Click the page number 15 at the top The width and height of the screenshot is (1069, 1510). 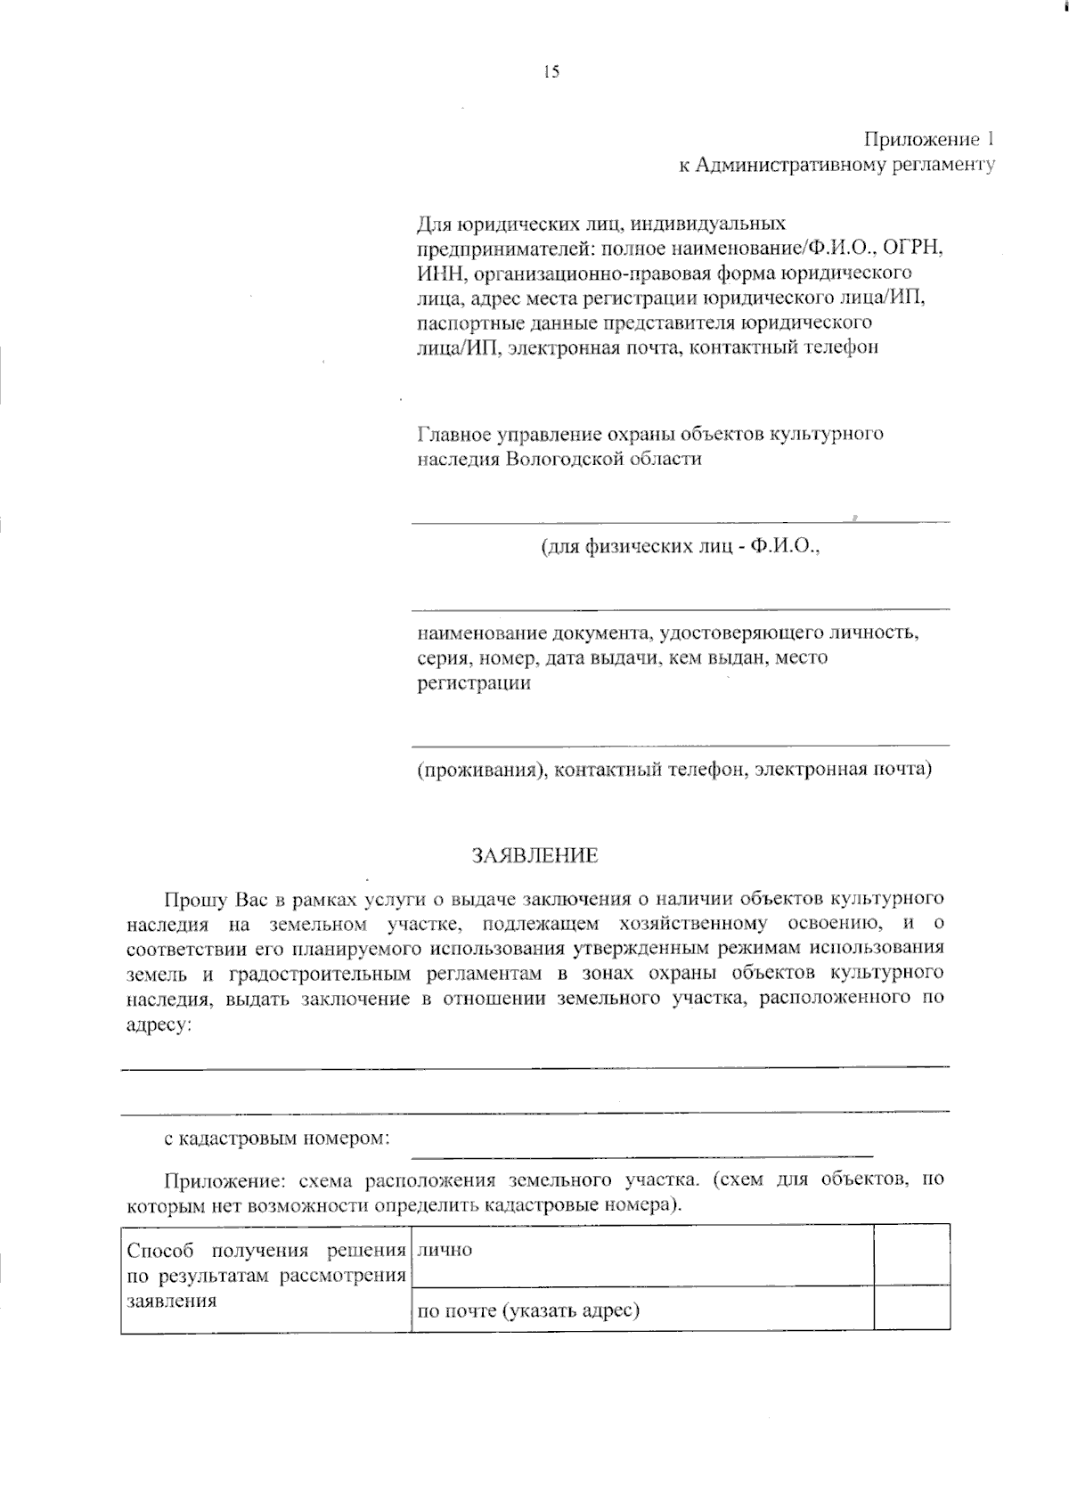(551, 73)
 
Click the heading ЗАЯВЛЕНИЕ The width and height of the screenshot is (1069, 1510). (534, 856)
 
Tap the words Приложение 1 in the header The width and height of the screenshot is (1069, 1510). (926, 140)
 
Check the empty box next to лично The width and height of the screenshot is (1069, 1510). (911, 1254)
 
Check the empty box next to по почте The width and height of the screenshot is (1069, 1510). (911, 1309)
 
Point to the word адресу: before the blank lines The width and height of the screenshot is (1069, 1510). (159, 1024)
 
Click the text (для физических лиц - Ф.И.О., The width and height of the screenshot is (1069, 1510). (681, 547)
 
